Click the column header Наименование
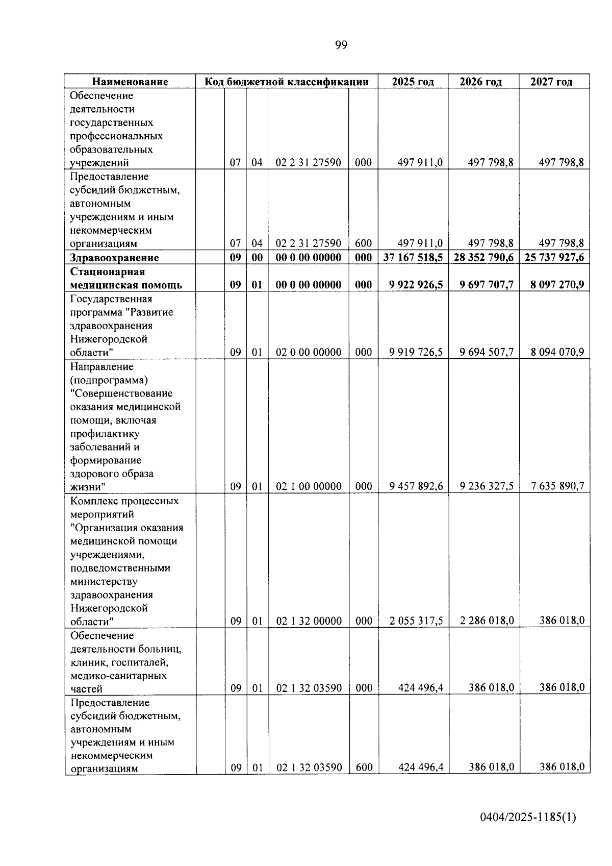pyautogui.click(x=130, y=82)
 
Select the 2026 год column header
pyautogui.click(x=480, y=82)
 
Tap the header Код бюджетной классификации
pyautogui.click(x=287, y=82)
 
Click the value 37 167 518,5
pyautogui.click(x=413, y=257)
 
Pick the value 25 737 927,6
pyautogui.click(x=554, y=257)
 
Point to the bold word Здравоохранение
pyautogui.click(x=114, y=258)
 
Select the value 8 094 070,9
pyautogui.click(x=557, y=352)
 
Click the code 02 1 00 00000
pyautogui.click(x=309, y=486)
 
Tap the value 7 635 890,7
pyautogui.click(x=557, y=486)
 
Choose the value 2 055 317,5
pyautogui.click(x=416, y=621)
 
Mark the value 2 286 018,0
pyautogui.click(x=487, y=621)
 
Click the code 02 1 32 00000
pyautogui.click(x=309, y=621)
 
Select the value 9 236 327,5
pyautogui.click(x=487, y=486)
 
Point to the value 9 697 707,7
pyautogui.click(x=487, y=284)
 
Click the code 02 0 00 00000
pyautogui.click(x=309, y=352)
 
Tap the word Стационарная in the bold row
pyautogui.click(x=107, y=271)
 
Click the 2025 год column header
pyautogui.click(x=413, y=82)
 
